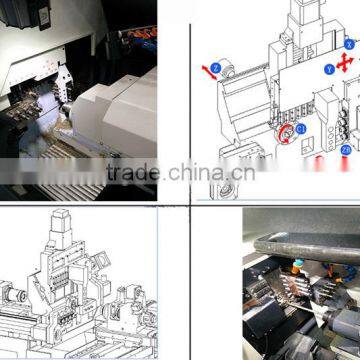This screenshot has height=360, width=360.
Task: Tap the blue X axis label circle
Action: [349, 45]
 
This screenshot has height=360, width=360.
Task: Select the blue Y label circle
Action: [329, 69]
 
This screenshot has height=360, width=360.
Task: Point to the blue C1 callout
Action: [300, 129]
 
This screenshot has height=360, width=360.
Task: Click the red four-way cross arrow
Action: [345, 63]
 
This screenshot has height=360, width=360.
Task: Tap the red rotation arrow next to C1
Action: [286, 133]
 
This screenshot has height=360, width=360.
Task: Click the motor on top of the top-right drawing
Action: [304, 20]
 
